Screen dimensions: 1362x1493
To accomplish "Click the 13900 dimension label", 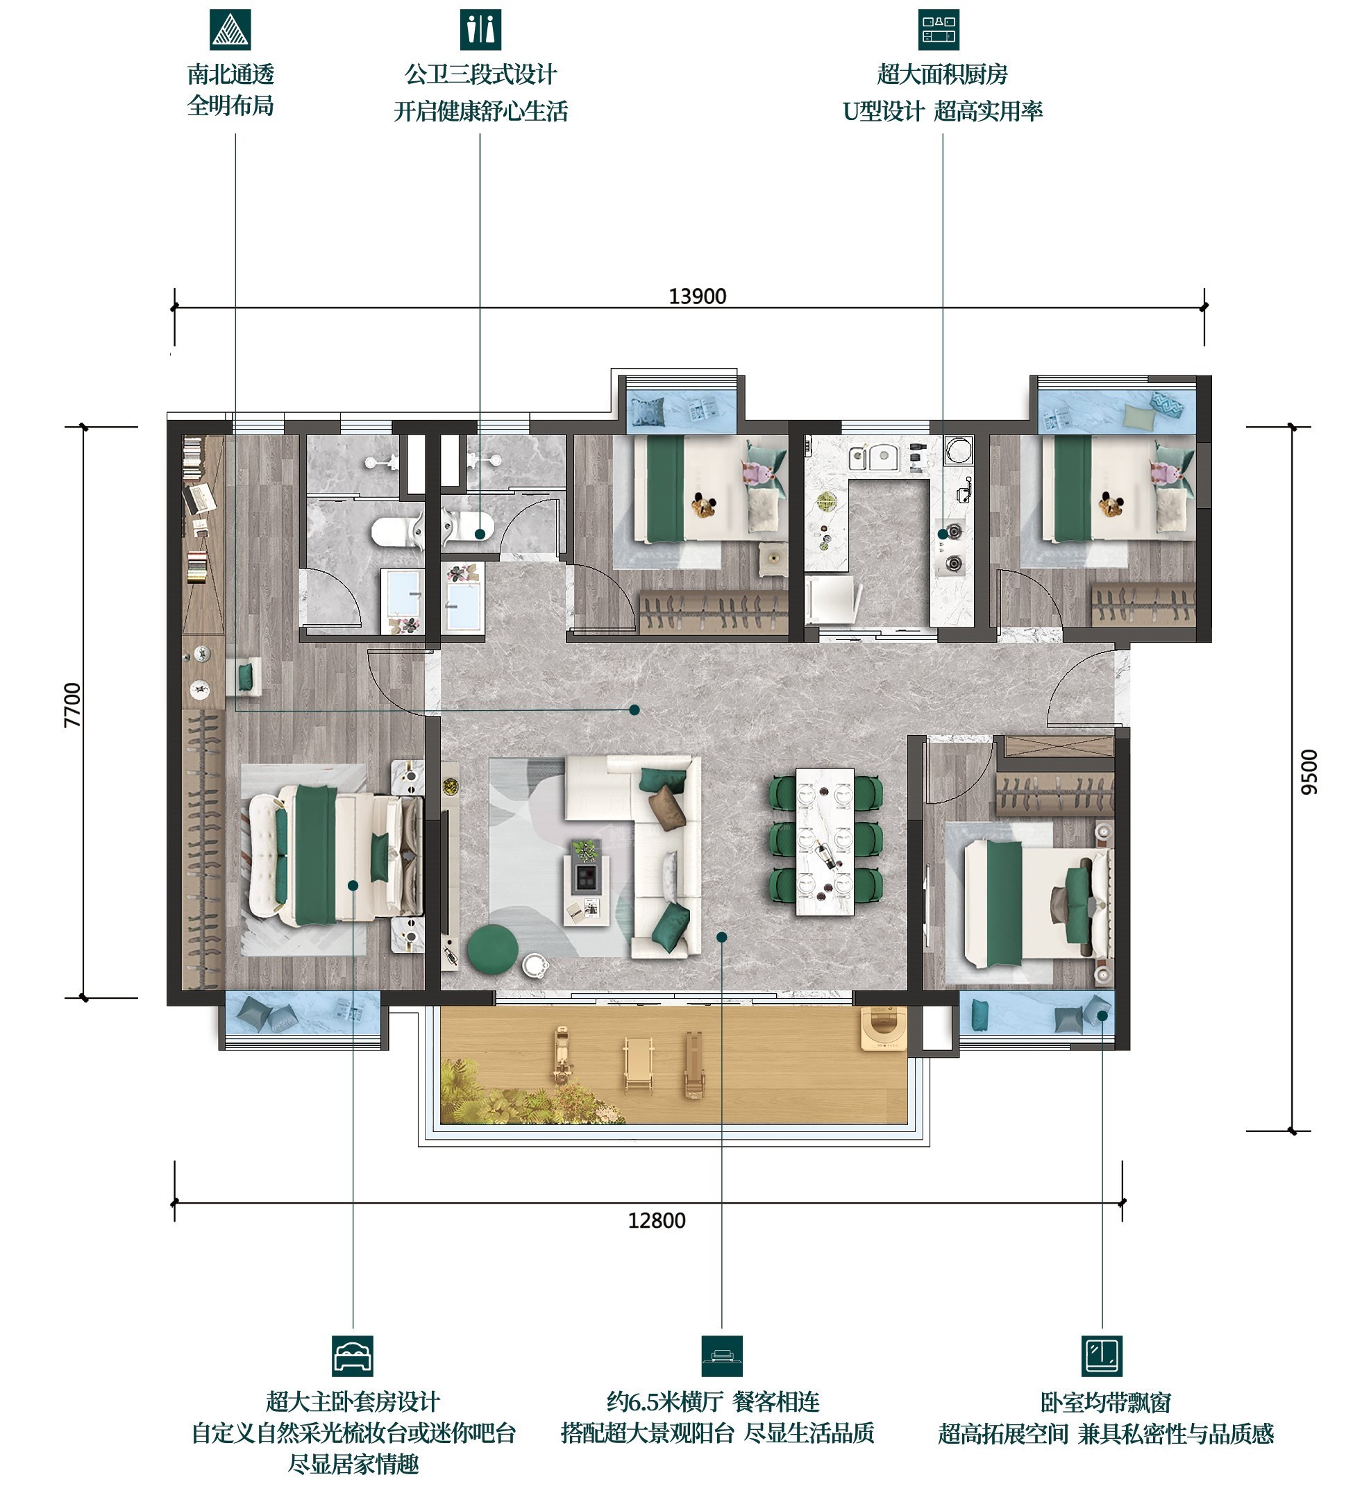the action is click(697, 296).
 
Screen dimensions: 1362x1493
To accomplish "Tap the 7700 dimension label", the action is click(73, 705).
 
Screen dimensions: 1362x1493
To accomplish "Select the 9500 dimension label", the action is click(1309, 773).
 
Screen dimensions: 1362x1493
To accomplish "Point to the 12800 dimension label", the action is click(656, 1220).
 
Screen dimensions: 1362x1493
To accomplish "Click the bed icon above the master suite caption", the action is click(353, 1356).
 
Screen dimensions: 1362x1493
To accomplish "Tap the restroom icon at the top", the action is click(480, 30).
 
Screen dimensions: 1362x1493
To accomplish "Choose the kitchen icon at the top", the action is click(939, 30).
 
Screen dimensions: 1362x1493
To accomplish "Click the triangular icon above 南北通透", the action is click(230, 30).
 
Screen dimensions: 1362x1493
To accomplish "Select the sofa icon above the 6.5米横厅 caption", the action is click(721, 1356).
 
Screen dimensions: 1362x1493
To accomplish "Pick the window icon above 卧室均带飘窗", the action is click(1102, 1356).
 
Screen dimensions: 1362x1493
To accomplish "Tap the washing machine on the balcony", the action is click(884, 1028).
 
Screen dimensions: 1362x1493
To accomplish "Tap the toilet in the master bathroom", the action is click(396, 531).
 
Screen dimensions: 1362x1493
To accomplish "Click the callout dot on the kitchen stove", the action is click(943, 533).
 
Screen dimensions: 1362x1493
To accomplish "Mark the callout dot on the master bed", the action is click(353, 886).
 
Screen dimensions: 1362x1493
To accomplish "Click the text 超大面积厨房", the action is click(942, 74).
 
